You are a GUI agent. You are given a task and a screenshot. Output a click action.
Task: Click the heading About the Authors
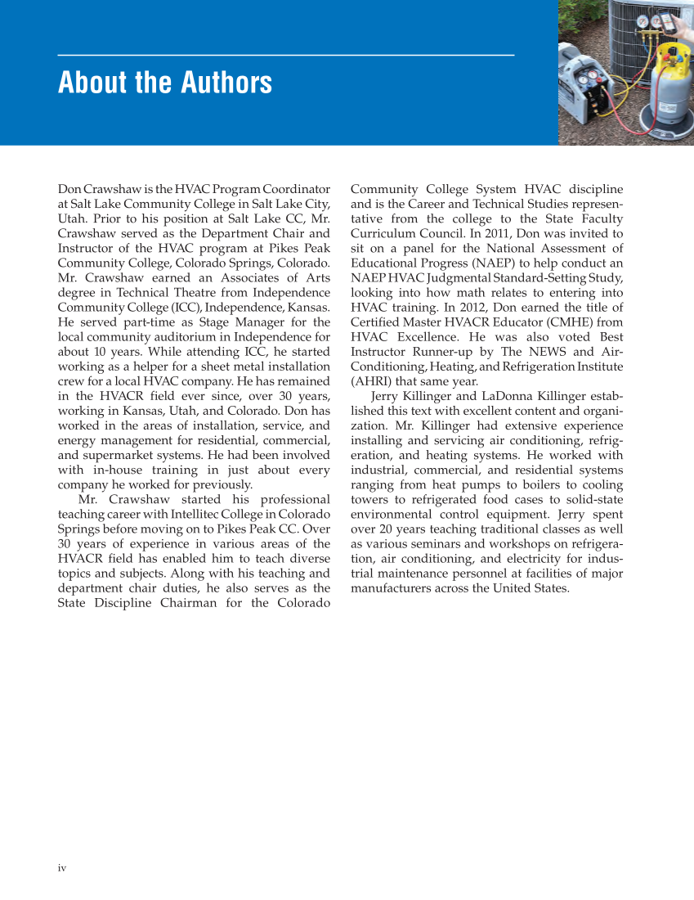[x=165, y=83]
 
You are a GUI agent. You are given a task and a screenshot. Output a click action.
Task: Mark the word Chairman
[x=206, y=603]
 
